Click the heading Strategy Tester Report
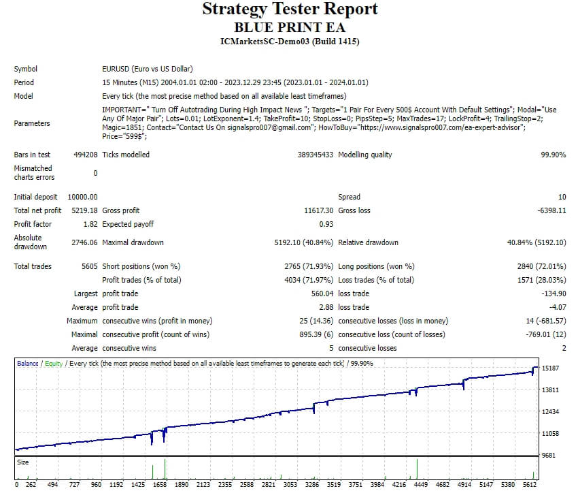coord(290,10)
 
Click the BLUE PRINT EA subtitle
coord(290,27)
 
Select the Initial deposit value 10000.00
coord(82,197)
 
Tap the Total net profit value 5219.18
coord(84,210)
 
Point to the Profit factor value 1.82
coord(90,224)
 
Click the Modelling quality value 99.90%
coord(553,155)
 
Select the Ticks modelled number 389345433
coord(316,155)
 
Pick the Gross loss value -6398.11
coord(551,210)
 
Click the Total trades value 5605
coord(90,266)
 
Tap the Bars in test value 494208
coord(86,155)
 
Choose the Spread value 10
coord(562,197)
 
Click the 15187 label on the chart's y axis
coord(551,368)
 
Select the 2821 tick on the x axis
coord(268,485)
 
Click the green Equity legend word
coord(54,364)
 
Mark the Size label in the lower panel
coord(24,462)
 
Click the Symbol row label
coord(26,69)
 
